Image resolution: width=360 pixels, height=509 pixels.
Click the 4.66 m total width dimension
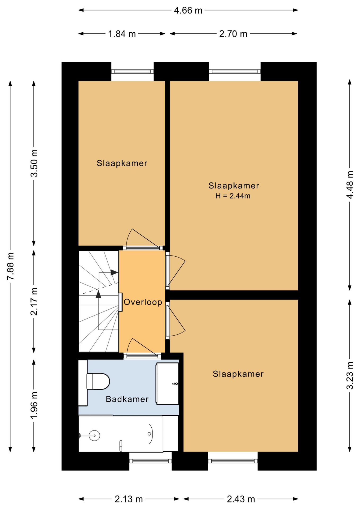188,10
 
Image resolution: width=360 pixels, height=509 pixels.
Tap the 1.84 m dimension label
122,34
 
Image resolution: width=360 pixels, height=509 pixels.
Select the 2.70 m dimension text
233,34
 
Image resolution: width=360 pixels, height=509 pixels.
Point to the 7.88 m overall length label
11,266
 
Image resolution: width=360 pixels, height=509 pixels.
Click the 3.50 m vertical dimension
34,163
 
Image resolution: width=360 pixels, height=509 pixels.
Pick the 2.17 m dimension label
34,301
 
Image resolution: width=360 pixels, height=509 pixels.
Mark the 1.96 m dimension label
34,406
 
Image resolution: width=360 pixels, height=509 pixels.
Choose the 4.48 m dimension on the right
350,185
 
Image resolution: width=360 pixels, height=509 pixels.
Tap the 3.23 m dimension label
350,375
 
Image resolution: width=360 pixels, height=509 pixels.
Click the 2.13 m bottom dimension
129,499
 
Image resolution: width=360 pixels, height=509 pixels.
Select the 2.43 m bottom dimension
241,499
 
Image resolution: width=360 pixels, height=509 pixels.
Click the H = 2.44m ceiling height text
233,196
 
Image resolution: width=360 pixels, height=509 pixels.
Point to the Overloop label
143,302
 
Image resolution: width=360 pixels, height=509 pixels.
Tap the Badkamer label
127,399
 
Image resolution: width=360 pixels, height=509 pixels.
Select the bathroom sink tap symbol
175,384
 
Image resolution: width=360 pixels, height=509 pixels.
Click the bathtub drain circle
149,434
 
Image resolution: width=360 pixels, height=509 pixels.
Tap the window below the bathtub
151,461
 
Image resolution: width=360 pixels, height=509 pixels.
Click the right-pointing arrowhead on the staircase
114,272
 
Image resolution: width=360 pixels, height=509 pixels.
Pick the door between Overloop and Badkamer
142,348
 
